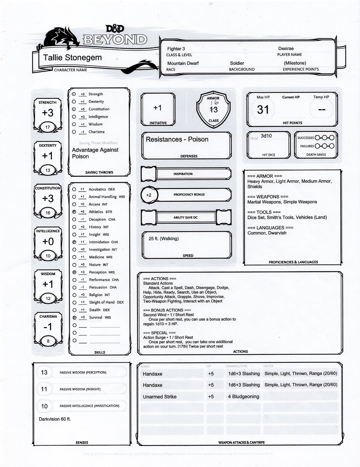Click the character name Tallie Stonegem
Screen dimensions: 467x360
click(72, 57)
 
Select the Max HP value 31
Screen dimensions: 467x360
click(263, 109)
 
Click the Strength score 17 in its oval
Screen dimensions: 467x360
click(48, 127)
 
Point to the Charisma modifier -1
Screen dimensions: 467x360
click(48, 327)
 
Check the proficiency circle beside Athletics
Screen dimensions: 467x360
click(74, 212)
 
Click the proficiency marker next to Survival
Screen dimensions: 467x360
click(74, 317)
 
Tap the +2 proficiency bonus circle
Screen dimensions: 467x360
click(149, 195)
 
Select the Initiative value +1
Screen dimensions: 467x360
click(157, 108)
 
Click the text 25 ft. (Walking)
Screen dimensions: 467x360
click(164, 238)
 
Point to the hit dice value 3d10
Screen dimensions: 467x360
click(266, 136)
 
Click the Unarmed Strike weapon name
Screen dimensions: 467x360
click(160, 397)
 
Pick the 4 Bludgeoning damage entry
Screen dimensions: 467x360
click(244, 397)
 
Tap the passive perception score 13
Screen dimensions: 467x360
click(44, 372)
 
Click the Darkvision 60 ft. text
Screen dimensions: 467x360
click(55, 419)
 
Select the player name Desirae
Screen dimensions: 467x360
click(286, 49)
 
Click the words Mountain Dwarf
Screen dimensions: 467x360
click(183, 63)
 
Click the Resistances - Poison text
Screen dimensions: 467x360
click(177, 139)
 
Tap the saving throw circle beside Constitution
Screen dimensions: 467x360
click(74, 109)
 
